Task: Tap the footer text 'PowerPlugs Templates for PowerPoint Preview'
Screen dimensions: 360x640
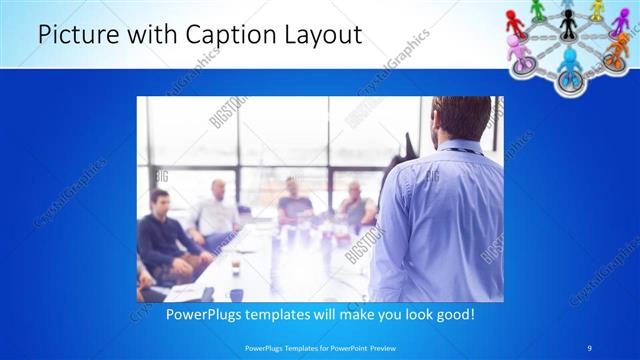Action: [319, 346]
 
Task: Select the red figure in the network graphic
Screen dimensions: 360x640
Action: [515, 20]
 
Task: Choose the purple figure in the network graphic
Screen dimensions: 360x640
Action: [619, 22]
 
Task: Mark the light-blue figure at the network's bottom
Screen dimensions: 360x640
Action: [569, 62]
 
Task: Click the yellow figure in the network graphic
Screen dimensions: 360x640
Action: [597, 9]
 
